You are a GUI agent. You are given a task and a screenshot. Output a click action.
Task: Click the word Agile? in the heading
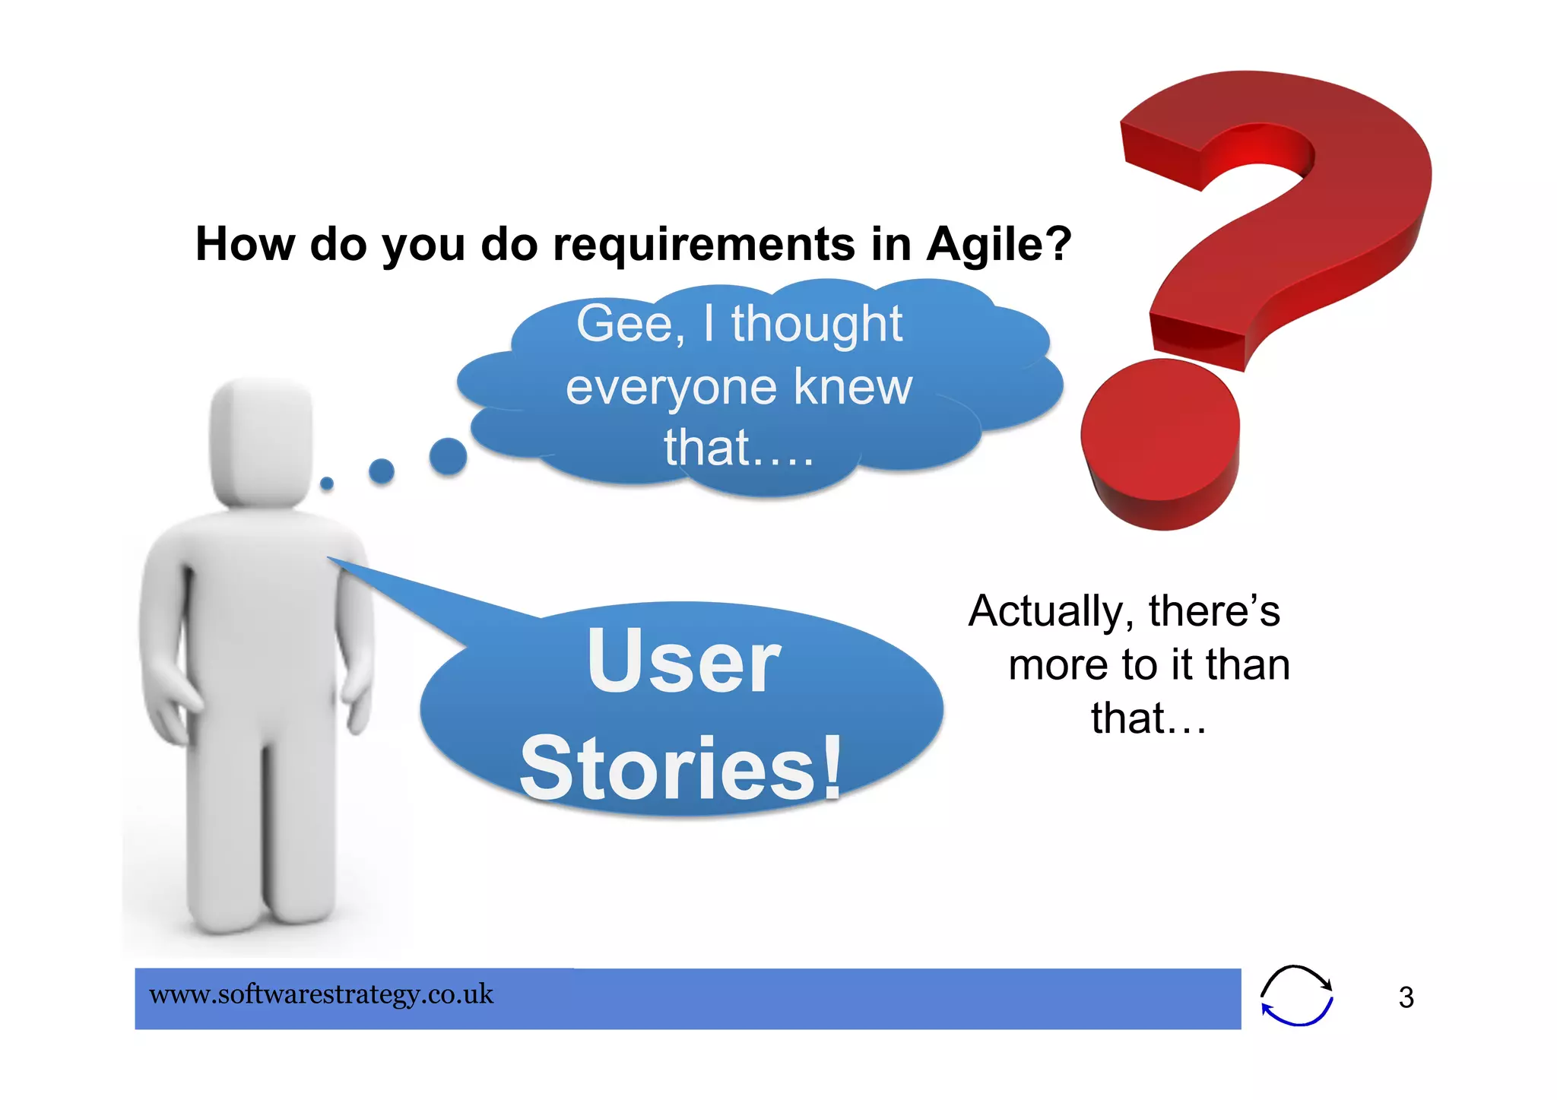(998, 245)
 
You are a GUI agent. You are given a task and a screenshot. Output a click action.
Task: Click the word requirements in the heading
(704, 245)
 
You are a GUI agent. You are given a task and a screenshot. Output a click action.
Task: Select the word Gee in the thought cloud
(624, 325)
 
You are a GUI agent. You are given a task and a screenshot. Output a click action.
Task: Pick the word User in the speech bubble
(683, 661)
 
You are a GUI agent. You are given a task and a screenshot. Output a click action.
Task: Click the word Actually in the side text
(1046, 612)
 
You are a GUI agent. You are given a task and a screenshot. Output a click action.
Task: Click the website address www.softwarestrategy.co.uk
(321, 994)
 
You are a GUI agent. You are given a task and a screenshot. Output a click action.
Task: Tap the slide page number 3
(1406, 997)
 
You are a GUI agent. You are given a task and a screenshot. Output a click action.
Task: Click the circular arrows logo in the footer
(1296, 996)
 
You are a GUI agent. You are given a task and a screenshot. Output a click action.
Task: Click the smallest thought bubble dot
(327, 483)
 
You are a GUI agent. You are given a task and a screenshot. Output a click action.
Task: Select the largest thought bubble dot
(448, 456)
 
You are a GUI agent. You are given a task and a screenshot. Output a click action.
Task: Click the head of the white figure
(261, 441)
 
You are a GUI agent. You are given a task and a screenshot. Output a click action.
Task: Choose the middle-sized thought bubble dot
(382, 471)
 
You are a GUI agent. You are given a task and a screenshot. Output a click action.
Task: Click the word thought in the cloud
(817, 325)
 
